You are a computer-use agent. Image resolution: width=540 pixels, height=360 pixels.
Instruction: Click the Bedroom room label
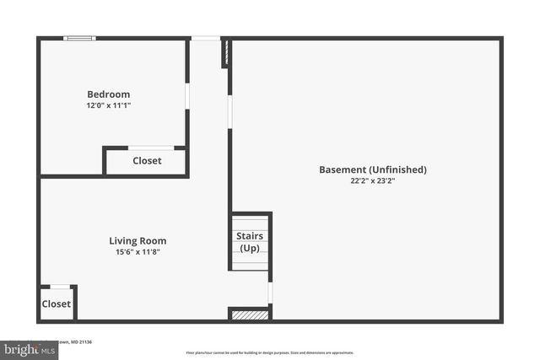(x=109, y=94)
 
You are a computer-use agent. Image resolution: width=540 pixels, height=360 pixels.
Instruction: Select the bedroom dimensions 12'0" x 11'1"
(x=109, y=106)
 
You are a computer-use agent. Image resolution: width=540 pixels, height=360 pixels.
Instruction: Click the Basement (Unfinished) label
(x=372, y=169)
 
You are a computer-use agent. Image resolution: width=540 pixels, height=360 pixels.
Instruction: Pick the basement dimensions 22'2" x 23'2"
(x=372, y=181)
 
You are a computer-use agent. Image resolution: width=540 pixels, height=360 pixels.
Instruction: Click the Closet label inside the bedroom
(x=147, y=161)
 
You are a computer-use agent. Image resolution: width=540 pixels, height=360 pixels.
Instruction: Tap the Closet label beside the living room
(x=57, y=304)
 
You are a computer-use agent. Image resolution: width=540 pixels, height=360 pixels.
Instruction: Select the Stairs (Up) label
(x=250, y=242)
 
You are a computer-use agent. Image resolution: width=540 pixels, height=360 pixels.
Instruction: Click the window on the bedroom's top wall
(x=80, y=38)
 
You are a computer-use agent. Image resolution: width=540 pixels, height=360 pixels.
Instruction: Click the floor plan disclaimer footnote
(x=270, y=352)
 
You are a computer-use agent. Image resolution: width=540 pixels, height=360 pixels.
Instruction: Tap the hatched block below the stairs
(x=250, y=314)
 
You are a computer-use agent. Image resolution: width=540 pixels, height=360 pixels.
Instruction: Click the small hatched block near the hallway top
(x=225, y=53)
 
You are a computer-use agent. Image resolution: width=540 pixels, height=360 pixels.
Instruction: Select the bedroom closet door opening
(x=151, y=148)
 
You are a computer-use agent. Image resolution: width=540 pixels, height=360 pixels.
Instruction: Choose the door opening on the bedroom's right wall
(x=187, y=95)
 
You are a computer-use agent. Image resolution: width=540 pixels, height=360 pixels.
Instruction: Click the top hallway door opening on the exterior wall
(x=205, y=38)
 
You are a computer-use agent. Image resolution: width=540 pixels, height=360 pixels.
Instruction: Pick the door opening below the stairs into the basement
(x=270, y=293)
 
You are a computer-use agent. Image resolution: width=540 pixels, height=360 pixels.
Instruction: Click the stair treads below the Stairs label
(x=250, y=261)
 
